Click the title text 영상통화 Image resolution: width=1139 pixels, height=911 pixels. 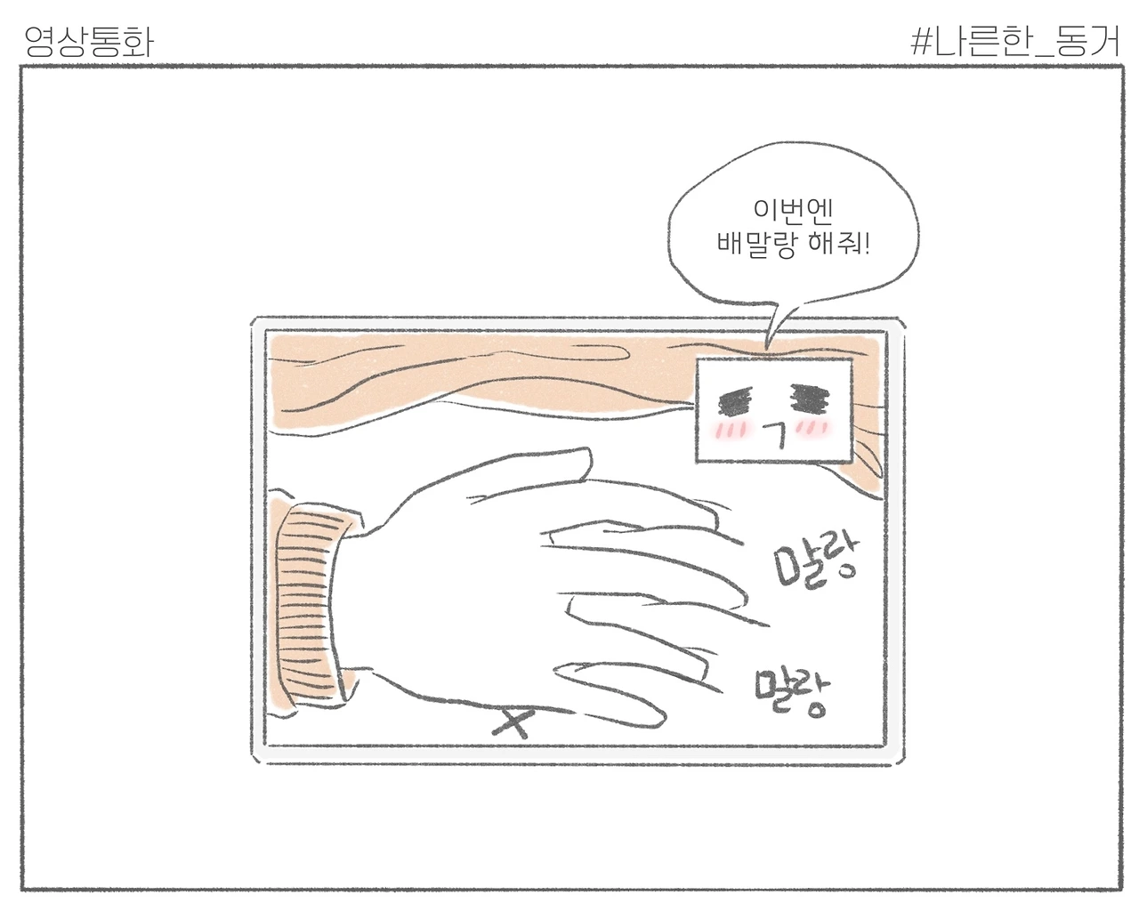point(89,42)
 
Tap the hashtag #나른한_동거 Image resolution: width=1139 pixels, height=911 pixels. point(1015,42)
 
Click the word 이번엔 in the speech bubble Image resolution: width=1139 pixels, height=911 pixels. point(793,210)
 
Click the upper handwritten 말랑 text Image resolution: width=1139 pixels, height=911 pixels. point(816,561)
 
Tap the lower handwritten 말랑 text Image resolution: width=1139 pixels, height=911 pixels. point(792,691)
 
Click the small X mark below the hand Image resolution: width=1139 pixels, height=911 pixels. point(513,722)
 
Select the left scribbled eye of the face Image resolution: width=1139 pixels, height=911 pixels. point(735,402)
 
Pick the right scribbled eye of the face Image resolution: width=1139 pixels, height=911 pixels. point(809,398)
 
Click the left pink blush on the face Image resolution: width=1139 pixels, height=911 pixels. point(730,430)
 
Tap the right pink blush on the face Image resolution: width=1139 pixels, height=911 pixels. point(813,428)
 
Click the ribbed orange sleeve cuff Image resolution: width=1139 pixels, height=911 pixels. point(312,602)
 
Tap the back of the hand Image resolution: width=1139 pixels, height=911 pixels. point(450,593)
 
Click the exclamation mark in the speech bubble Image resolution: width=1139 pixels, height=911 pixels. point(867,244)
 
